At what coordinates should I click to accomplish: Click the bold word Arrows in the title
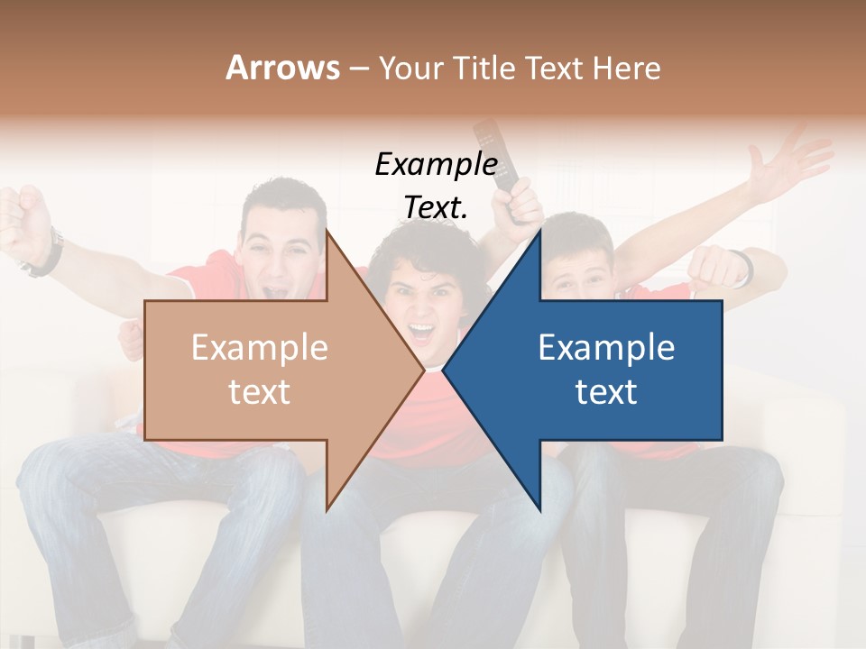click(282, 68)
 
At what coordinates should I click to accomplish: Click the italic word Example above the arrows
click(436, 164)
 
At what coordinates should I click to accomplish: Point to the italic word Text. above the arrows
click(436, 207)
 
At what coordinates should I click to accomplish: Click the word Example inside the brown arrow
click(260, 348)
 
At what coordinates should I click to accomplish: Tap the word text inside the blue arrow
click(606, 391)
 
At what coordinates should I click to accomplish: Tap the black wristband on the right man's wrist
click(742, 266)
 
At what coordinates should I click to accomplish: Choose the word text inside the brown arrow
click(260, 391)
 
